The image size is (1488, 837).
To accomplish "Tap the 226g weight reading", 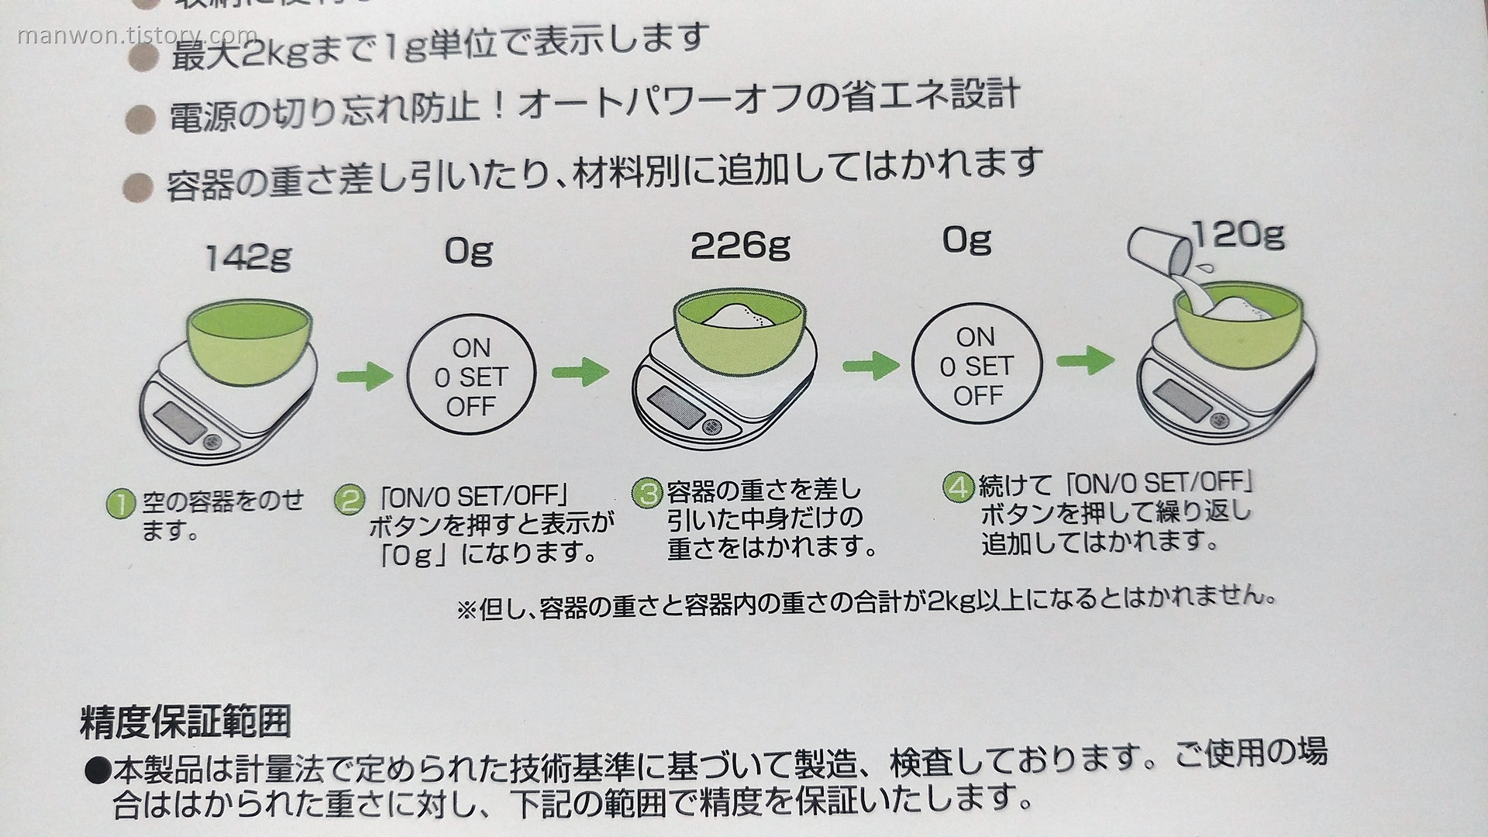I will click(740, 246).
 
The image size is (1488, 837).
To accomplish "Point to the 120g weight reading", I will click(1238, 233).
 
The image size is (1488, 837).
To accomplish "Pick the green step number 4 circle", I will click(959, 487).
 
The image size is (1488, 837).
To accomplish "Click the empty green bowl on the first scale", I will click(250, 341).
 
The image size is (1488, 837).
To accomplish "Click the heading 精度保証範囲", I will click(185, 722).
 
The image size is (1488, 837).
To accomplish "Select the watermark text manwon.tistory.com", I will click(136, 36).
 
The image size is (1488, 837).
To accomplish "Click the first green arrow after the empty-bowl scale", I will click(364, 377).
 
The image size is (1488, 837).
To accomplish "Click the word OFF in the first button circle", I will click(470, 406).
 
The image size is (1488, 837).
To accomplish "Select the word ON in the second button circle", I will click(975, 337).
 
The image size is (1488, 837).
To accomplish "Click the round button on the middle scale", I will click(711, 427).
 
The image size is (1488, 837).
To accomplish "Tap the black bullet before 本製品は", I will click(98, 771).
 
